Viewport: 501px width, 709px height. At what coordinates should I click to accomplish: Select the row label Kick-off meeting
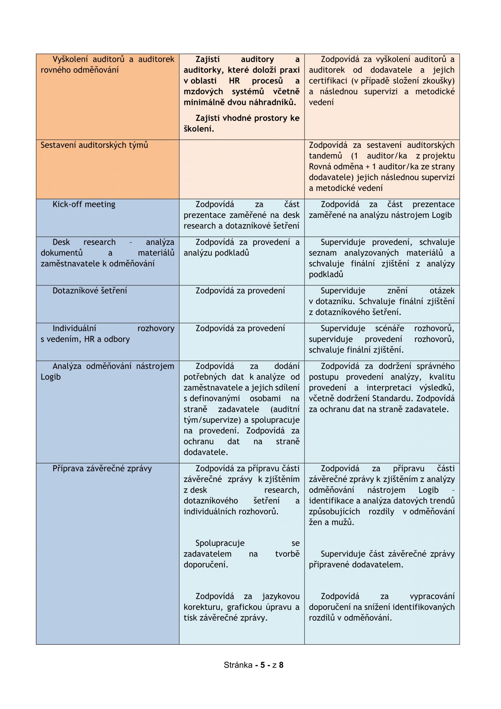coord(84,204)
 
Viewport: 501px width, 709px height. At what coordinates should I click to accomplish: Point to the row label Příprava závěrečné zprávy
coord(102,468)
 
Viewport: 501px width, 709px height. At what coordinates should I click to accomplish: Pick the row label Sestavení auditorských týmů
coord(94,145)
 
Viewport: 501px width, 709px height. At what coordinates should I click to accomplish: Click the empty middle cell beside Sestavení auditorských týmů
coord(241,169)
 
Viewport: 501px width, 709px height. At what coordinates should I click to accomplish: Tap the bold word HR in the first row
coord(234,81)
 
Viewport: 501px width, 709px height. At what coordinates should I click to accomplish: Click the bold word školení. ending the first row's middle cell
coord(199,129)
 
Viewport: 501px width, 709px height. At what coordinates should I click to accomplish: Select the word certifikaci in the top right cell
coord(328,81)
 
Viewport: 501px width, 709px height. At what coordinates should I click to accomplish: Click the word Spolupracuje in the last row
coord(220,543)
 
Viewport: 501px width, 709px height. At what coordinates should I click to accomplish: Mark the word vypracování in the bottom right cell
coord(432,596)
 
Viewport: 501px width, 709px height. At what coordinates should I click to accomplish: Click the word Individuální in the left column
coord(74,328)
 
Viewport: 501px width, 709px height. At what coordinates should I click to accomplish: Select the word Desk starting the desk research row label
coord(61,242)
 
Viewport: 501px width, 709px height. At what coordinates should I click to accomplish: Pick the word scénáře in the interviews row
coord(389,328)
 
